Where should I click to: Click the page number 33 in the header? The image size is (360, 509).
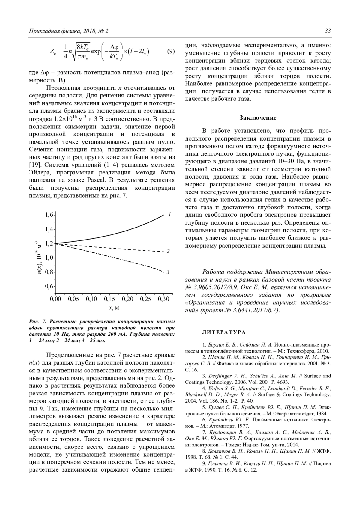coord(328,31)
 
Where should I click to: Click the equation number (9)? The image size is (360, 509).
coord(170,51)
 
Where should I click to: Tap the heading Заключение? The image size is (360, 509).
coord(258,118)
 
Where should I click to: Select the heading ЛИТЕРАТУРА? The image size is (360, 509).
coord(224,332)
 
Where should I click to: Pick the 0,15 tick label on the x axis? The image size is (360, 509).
coord(109,299)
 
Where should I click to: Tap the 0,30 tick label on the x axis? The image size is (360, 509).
coord(163,299)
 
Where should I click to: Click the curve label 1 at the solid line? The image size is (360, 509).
coord(169,215)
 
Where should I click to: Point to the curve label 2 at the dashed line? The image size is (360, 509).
coord(168,251)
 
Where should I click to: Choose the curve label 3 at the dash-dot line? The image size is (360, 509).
coord(168,272)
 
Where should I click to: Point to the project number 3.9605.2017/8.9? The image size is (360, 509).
coord(211,287)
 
